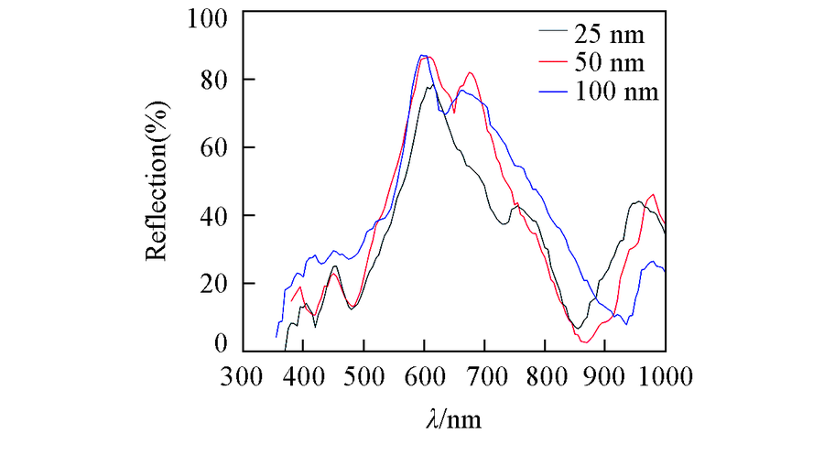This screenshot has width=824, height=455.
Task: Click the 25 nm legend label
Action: (x=610, y=37)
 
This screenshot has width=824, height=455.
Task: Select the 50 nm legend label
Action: (x=610, y=64)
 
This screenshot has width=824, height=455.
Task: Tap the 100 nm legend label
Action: (x=617, y=92)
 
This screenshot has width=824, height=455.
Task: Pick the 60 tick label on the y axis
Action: (x=214, y=147)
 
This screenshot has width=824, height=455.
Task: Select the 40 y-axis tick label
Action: (x=214, y=215)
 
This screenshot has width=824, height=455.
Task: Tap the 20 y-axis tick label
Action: (x=214, y=283)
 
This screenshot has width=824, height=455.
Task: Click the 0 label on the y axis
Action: (x=221, y=343)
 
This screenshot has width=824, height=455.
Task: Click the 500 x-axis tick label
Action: (x=364, y=376)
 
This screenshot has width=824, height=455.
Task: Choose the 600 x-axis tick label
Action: (x=425, y=376)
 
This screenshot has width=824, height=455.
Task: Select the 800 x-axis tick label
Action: (x=546, y=376)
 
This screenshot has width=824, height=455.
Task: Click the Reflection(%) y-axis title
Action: (x=157, y=184)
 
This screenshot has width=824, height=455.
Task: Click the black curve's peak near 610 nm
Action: (x=431, y=85)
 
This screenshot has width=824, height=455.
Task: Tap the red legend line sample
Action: (x=552, y=64)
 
